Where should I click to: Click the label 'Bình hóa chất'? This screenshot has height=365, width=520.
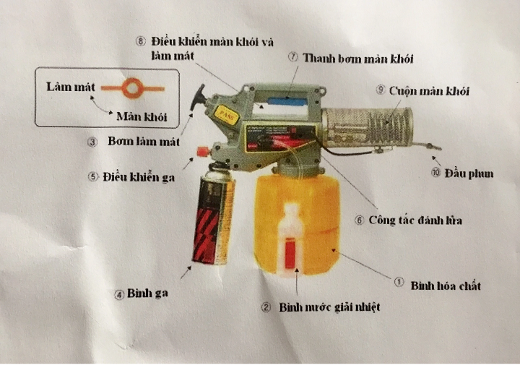tap(446, 285)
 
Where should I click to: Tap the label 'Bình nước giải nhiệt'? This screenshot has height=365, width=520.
tap(329, 307)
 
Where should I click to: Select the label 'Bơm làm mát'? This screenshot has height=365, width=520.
tap(144, 142)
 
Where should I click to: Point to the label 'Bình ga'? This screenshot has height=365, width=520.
tap(147, 293)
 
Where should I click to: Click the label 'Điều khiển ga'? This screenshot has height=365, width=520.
tap(139, 177)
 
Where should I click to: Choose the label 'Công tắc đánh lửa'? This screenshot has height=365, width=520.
tap(415, 220)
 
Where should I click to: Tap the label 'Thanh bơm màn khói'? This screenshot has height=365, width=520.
tap(358, 59)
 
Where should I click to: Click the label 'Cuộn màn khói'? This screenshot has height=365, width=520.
tap(429, 91)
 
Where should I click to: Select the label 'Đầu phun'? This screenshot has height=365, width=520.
tap(469, 173)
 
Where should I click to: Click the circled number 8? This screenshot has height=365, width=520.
tap(141, 41)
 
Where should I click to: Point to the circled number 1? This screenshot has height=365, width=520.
tap(399, 282)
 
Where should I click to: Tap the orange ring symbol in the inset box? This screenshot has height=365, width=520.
tap(133, 88)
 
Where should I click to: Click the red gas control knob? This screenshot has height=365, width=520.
tap(203, 151)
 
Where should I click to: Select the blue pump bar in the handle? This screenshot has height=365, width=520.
tap(288, 101)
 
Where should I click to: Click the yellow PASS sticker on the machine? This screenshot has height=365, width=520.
tap(227, 115)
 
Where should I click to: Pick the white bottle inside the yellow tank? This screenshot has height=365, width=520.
tap(290, 240)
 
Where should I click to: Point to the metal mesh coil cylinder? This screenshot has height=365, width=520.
tap(368, 127)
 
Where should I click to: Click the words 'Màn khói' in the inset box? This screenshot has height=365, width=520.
tap(142, 116)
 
